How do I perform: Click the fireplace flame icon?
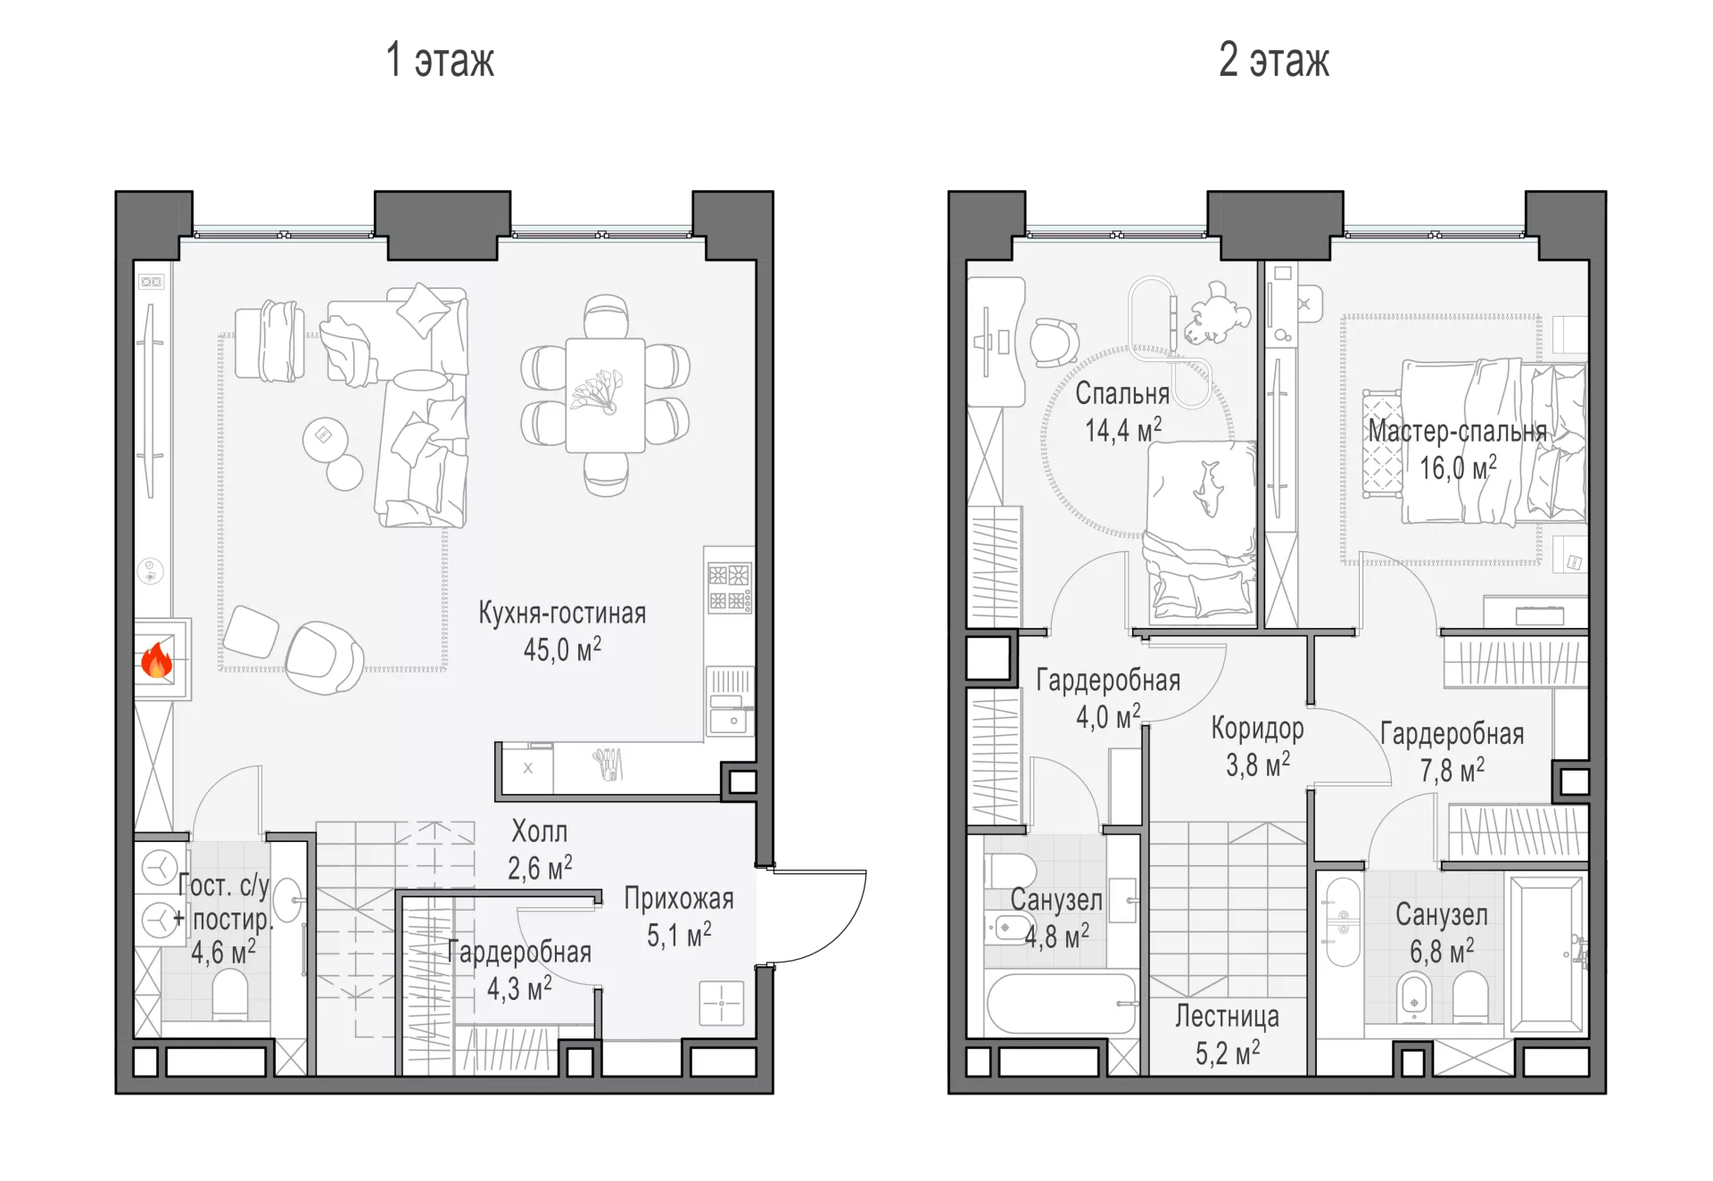tap(156, 661)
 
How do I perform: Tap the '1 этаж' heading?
tap(440, 60)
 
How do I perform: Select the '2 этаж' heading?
tap(1274, 60)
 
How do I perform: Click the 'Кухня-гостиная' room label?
tap(562, 613)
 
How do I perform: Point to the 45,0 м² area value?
tap(562, 648)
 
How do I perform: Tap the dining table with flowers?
tap(605, 395)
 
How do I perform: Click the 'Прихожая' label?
tap(679, 898)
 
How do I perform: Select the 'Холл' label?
tap(539, 831)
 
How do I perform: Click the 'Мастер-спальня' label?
tap(1458, 431)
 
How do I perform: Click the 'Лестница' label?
tap(1227, 1016)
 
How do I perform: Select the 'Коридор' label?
tap(1257, 729)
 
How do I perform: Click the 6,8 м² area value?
tap(1442, 951)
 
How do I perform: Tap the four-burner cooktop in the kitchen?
tap(730, 587)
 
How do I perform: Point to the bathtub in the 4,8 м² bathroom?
tap(1062, 1003)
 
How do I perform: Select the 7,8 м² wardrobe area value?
tap(1452, 770)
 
